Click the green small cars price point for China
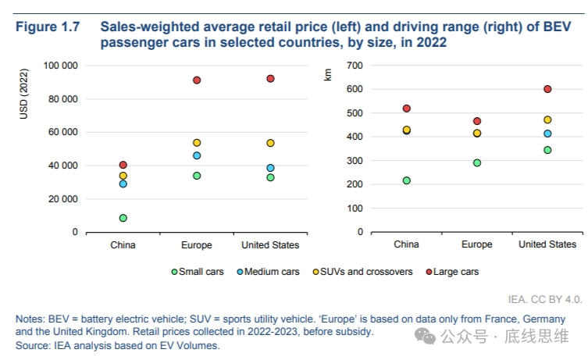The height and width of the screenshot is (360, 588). tap(123, 218)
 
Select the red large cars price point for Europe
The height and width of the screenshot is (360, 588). tap(197, 80)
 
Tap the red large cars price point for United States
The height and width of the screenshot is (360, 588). tap(270, 79)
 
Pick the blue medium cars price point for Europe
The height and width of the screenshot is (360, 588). tap(197, 155)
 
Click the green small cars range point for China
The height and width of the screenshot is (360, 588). tap(406, 180)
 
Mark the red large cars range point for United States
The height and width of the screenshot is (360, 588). tap(547, 89)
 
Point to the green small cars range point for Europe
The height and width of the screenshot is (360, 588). tap(476, 163)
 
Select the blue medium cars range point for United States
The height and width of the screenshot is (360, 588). tap(547, 134)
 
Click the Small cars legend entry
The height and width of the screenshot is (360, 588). tap(198, 272)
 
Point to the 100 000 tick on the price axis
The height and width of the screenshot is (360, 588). tap(60, 66)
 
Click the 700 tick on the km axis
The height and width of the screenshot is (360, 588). tap(355, 66)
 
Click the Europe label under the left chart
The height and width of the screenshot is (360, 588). tap(196, 245)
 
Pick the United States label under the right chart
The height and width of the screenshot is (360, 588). tap(547, 244)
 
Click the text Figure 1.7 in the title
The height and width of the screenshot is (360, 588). tap(48, 27)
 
